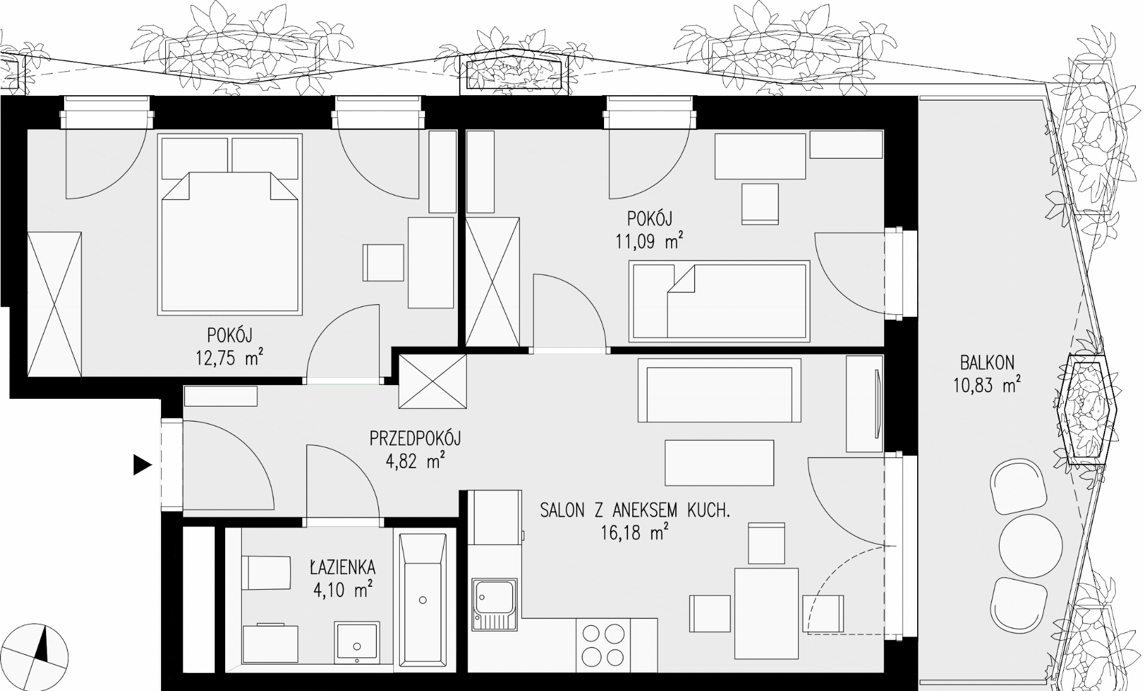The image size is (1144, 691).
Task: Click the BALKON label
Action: (x=987, y=363)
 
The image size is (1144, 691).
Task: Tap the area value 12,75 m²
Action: (x=229, y=357)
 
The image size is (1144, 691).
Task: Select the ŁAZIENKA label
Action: (x=342, y=566)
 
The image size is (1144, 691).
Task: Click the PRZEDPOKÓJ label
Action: (x=415, y=439)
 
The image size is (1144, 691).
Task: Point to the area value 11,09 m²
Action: (x=650, y=241)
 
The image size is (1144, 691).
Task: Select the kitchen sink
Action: (x=494, y=604)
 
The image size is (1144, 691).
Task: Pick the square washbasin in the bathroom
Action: (x=357, y=642)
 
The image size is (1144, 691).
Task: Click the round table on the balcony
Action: (x=1031, y=545)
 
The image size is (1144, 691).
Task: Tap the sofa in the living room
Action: (x=720, y=390)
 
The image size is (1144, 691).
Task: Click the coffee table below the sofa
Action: (x=720, y=463)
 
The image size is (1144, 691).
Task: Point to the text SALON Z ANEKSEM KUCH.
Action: (x=635, y=511)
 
